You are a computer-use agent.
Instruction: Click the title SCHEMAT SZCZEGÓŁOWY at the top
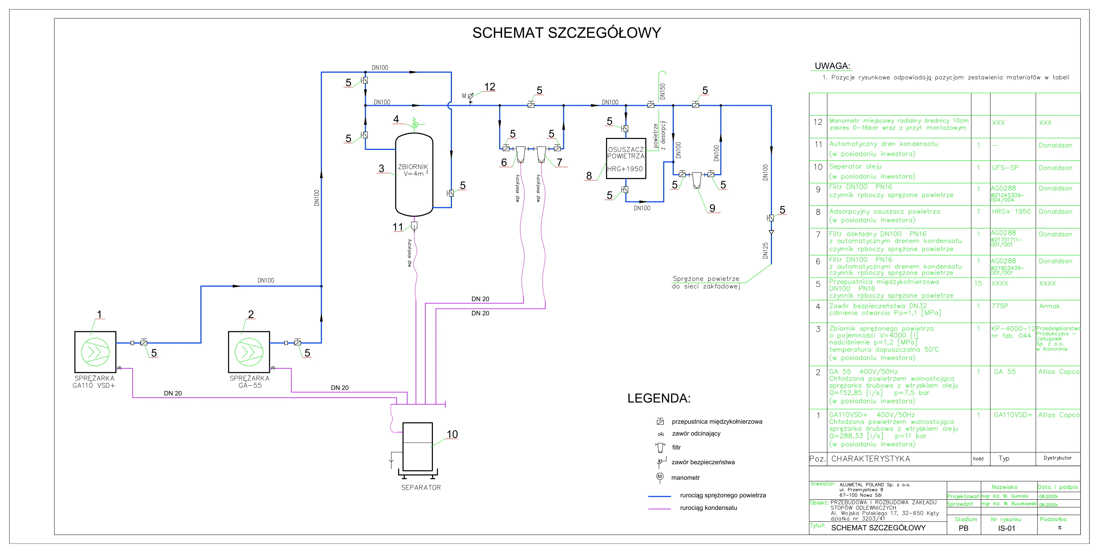point(566,33)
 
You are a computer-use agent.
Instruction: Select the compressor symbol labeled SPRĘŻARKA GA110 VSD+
point(95,352)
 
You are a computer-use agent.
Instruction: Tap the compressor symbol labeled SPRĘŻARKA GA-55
point(249,352)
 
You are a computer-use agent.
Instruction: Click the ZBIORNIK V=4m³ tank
point(414,175)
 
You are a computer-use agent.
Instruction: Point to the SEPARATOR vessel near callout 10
point(418,446)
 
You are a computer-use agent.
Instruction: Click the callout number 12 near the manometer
point(489,87)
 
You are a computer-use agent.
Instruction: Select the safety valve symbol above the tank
point(414,124)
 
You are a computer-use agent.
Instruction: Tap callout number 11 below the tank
point(398,227)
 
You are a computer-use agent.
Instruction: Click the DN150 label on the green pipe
point(662,91)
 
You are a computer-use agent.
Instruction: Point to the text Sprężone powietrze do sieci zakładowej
point(706,283)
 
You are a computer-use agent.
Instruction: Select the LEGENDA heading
point(658,398)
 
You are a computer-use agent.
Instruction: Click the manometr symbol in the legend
point(660,477)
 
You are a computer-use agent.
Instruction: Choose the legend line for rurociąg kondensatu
point(659,509)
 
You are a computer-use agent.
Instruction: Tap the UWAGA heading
point(832,66)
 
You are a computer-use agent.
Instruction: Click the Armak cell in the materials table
point(1049,306)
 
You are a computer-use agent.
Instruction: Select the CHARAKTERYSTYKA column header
point(870,459)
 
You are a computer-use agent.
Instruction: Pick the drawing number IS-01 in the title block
point(1006,528)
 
